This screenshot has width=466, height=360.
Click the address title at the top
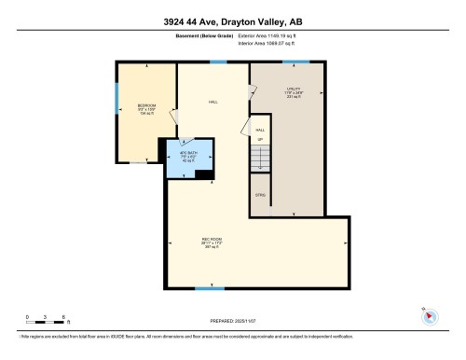232,19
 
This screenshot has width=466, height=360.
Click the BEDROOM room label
146,106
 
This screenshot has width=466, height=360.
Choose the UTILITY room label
293,92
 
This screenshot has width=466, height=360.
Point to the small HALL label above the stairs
261,132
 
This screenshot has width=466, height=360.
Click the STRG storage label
260,194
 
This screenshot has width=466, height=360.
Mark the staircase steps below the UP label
261,163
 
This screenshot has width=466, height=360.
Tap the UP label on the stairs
261,140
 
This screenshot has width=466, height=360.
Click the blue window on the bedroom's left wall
116,99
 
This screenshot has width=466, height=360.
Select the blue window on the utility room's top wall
295,62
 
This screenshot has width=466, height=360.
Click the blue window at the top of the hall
217,62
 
